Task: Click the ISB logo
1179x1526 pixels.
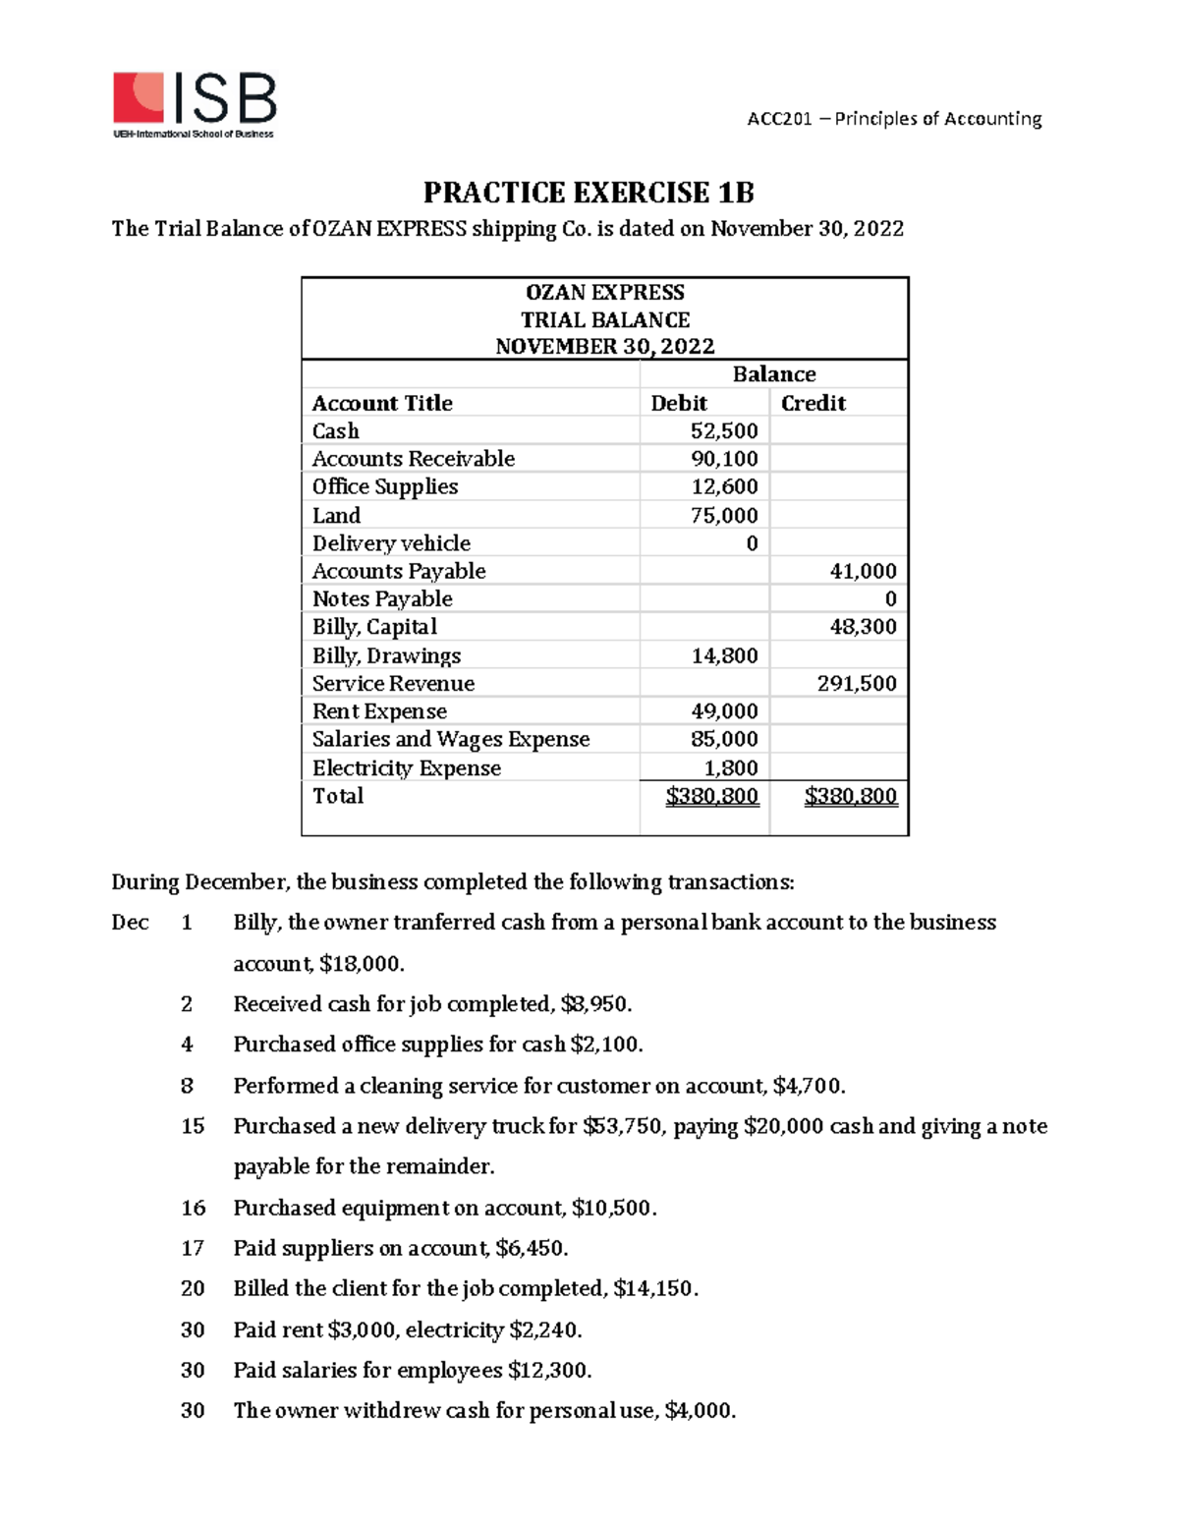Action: (195, 104)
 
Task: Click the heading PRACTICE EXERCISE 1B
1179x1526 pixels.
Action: (589, 192)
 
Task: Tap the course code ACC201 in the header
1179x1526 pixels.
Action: (779, 119)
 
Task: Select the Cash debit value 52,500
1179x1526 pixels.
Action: (724, 431)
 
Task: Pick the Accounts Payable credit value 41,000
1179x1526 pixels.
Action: (863, 571)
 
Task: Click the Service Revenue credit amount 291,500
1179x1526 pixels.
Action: (857, 684)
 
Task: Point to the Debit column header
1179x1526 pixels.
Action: (679, 403)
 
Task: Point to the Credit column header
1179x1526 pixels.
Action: (813, 403)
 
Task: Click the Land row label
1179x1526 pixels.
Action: (336, 516)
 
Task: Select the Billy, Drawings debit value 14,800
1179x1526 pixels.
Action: (724, 655)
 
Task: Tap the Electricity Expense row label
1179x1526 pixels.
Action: (406, 768)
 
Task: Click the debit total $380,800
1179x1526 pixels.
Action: (712, 796)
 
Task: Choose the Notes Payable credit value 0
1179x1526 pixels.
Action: (890, 599)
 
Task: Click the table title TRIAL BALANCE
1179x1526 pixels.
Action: (604, 320)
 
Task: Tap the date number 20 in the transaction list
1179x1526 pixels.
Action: (193, 1288)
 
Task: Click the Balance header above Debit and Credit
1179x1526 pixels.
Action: (773, 374)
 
